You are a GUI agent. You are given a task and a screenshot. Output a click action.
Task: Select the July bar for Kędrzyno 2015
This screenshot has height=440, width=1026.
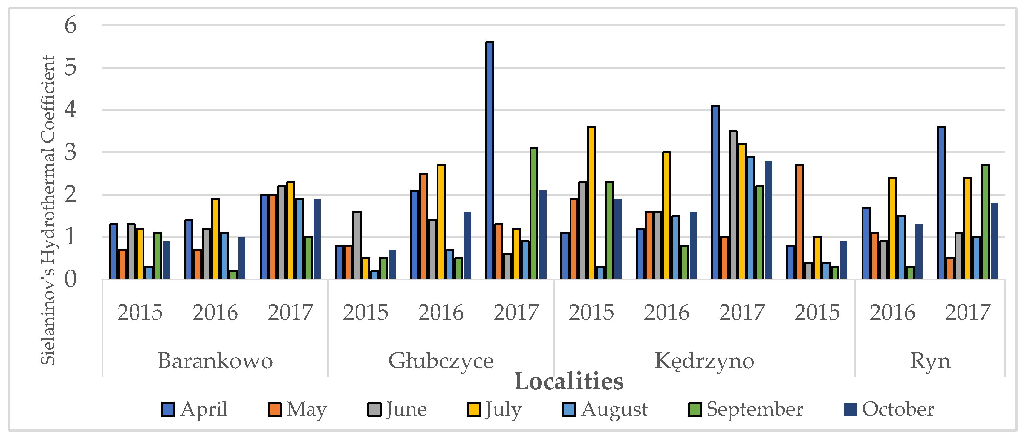[x=591, y=203]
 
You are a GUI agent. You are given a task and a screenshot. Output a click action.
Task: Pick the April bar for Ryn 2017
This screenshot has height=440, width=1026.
[x=941, y=203]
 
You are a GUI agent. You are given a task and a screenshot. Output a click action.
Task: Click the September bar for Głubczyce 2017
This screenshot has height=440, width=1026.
[x=534, y=213]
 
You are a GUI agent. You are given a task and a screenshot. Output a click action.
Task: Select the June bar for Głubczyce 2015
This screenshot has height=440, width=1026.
[x=357, y=245]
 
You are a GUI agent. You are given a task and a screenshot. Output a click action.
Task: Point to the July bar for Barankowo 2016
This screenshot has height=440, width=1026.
[x=215, y=239]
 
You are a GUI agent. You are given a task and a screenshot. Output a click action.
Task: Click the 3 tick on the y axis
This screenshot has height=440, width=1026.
[x=71, y=152]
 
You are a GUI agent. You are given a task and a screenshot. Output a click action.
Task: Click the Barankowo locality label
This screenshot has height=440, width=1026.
[x=215, y=361]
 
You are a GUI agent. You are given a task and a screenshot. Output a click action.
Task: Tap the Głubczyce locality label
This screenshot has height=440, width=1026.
[x=441, y=361]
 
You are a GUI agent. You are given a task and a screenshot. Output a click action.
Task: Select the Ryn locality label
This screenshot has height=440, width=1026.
[x=930, y=361]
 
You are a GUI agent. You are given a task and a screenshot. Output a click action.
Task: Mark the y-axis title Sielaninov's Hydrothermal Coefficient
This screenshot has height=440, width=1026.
[x=48, y=210]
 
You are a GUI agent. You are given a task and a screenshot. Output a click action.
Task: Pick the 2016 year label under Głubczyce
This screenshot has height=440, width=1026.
[x=441, y=312]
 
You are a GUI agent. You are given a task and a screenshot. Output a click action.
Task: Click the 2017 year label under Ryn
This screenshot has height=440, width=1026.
[x=967, y=312]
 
